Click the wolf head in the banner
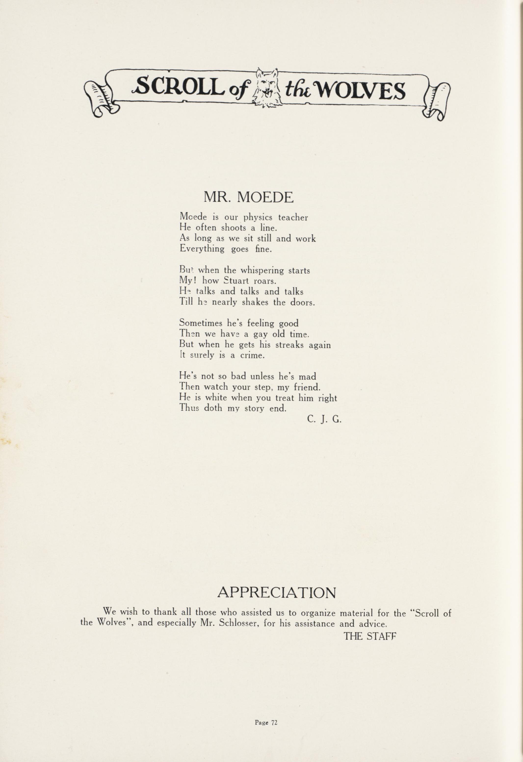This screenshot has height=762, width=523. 267,88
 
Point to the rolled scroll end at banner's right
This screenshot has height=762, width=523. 436,100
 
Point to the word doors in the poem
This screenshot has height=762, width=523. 302,302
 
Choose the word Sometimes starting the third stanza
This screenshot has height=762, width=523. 201,323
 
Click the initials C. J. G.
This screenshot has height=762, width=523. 324,419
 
